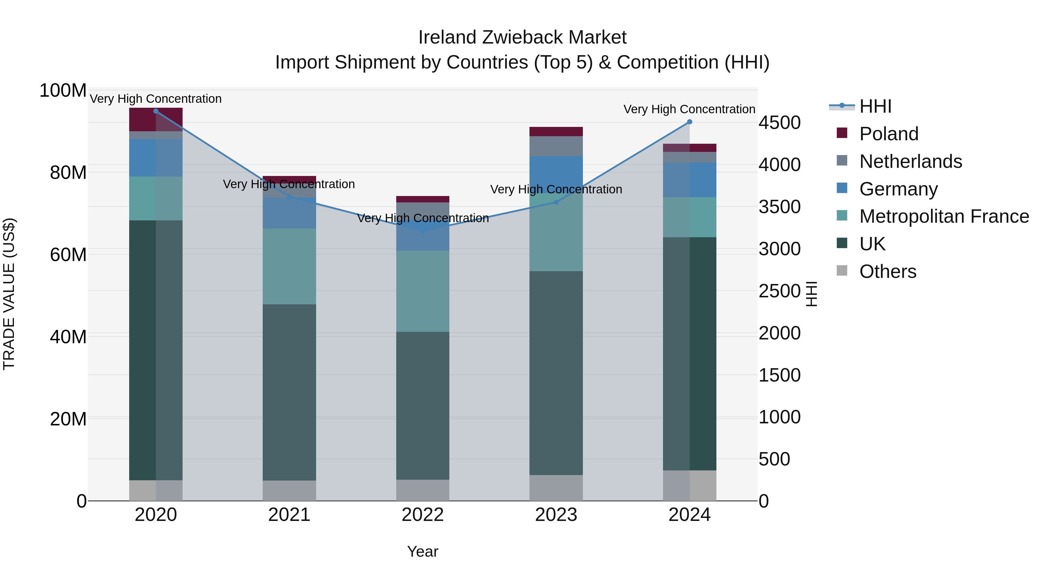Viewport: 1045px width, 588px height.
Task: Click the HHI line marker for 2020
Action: coord(156,111)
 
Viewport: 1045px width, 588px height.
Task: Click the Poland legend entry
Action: coord(889,134)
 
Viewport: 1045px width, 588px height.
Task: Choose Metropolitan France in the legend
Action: coord(944,216)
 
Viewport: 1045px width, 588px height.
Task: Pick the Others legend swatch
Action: coord(842,271)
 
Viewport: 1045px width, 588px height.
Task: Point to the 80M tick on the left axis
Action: coord(68,173)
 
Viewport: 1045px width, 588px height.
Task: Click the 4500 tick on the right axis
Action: coord(779,123)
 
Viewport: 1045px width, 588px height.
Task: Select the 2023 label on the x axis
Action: coord(556,515)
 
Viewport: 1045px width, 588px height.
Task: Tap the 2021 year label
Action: coord(289,515)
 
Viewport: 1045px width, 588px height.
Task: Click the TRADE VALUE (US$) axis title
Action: coord(9,294)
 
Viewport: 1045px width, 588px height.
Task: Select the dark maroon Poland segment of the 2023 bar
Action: coord(556,132)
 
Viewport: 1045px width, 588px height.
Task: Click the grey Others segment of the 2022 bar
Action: coord(423,490)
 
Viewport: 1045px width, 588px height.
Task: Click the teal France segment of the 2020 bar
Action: coord(156,198)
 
